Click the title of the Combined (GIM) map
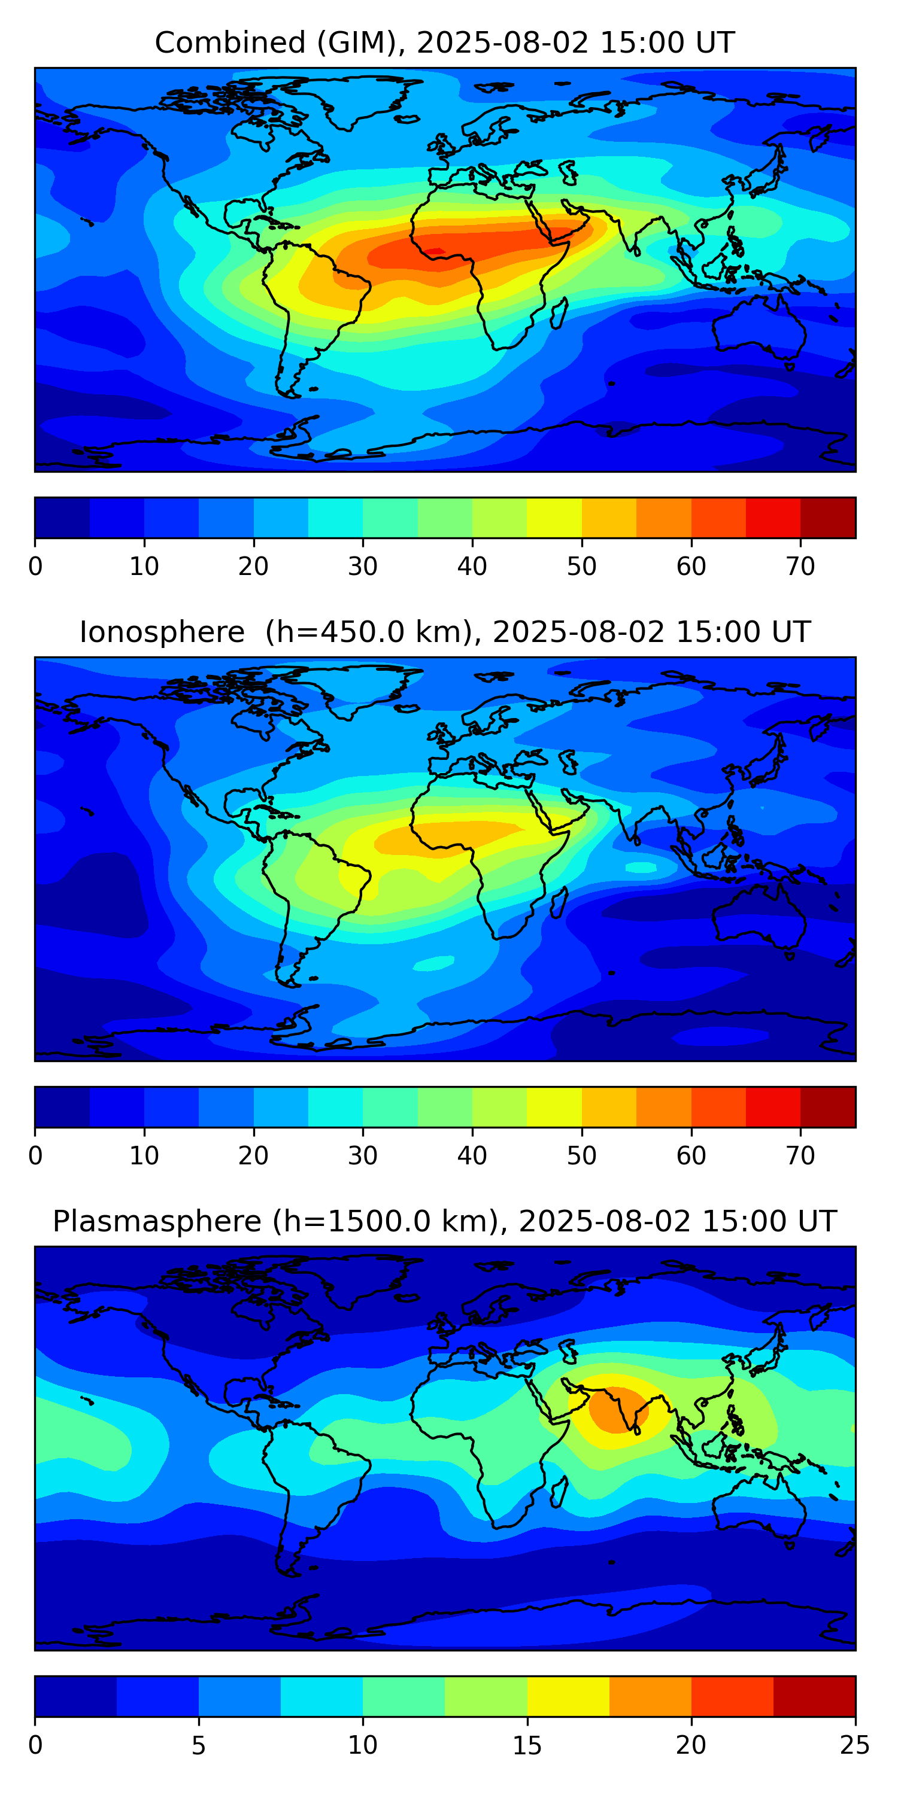point(445,42)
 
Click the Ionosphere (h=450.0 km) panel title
point(445,632)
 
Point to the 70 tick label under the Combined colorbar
point(800,567)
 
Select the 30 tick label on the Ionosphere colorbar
point(363,1156)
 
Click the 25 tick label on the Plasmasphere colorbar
point(855,1745)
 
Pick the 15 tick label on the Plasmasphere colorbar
point(527,1745)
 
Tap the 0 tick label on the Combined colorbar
point(35,567)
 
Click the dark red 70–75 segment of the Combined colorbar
point(827,518)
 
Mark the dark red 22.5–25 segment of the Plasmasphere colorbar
point(814,1697)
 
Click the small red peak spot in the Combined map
point(436,251)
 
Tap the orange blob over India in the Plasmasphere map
point(618,1410)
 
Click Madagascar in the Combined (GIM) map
point(559,313)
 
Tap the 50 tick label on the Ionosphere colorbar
point(581,1156)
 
